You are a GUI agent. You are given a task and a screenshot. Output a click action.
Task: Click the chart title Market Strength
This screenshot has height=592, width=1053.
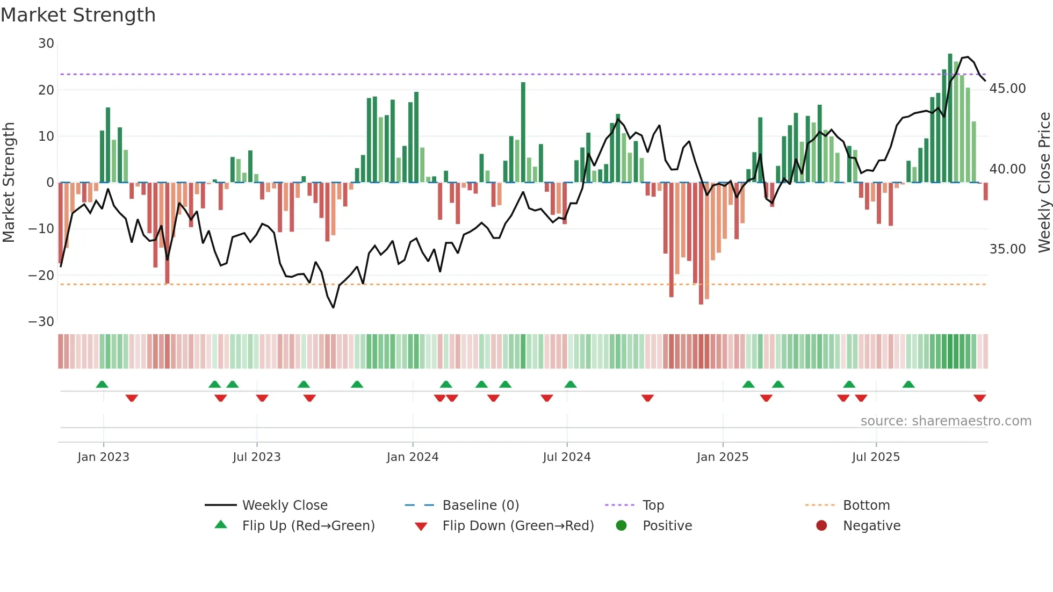[x=78, y=15]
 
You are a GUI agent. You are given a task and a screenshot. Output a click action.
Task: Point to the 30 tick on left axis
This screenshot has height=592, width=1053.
[x=46, y=44]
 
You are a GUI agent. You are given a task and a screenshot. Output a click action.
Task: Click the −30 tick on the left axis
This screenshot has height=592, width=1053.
[x=41, y=322]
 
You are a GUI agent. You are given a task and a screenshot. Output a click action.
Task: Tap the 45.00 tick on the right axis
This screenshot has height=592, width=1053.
[x=1007, y=89]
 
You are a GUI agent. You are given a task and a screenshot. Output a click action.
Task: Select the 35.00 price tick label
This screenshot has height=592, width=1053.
[x=1007, y=249]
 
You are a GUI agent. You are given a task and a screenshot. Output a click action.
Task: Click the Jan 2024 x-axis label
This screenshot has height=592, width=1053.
[x=412, y=457]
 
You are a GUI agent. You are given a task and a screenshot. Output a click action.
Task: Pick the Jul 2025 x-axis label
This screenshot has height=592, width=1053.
[x=875, y=457]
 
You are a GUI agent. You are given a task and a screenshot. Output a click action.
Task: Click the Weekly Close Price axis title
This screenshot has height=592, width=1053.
[x=1044, y=183]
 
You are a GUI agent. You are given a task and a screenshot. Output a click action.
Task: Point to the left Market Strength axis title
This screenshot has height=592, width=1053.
[x=9, y=183]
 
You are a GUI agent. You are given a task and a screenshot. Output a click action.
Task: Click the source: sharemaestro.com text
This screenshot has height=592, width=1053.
[x=946, y=421]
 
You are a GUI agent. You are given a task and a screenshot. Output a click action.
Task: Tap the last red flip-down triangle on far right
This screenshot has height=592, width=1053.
[x=979, y=398]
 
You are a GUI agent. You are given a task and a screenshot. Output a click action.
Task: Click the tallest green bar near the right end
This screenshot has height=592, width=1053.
[x=950, y=118]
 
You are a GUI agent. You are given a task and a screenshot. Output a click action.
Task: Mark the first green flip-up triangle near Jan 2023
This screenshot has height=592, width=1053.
[x=102, y=384]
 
